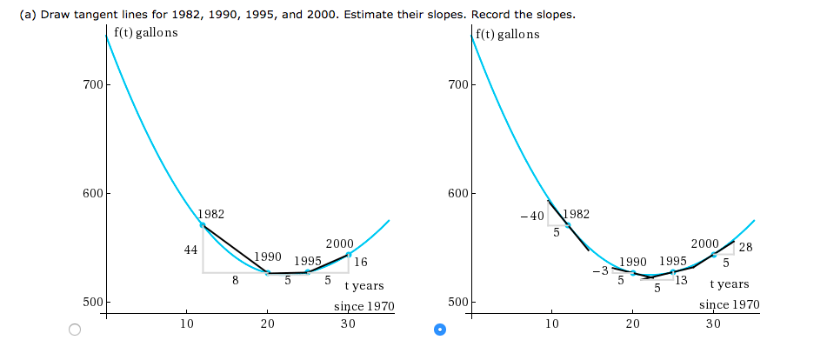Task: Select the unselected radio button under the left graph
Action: click(x=75, y=330)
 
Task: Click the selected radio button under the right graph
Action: click(x=440, y=330)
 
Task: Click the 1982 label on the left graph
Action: click(x=211, y=213)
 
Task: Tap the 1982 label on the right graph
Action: click(x=576, y=214)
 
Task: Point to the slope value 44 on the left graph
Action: click(x=191, y=250)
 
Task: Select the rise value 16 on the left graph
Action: click(x=361, y=262)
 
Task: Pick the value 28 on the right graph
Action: click(x=745, y=248)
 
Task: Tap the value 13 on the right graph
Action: click(x=681, y=279)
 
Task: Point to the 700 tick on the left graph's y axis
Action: click(x=92, y=85)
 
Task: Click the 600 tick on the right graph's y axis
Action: click(x=457, y=193)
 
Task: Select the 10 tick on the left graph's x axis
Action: click(x=186, y=324)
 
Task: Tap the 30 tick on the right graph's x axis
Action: click(x=714, y=323)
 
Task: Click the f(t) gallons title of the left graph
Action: click(x=145, y=33)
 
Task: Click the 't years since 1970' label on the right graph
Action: click(x=729, y=295)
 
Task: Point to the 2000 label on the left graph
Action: click(x=338, y=243)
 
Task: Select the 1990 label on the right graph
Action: click(x=633, y=261)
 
